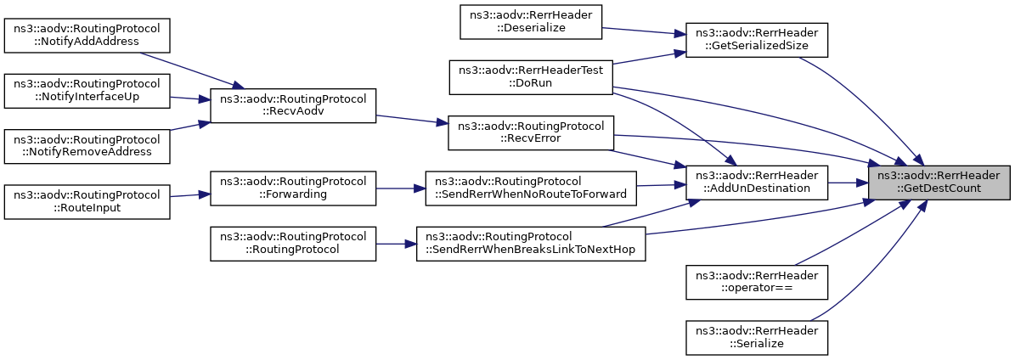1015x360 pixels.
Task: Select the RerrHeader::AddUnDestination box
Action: [x=757, y=183]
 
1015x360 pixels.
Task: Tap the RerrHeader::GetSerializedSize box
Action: [x=757, y=40]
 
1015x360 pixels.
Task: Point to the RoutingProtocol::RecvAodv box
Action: [x=293, y=105]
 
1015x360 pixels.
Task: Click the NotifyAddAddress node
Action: [x=87, y=36]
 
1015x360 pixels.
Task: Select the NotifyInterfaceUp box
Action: [x=87, y=92]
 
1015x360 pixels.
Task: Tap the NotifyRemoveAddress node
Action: [x=87, y=146]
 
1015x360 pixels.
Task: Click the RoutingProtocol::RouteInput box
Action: [x=87, y=202]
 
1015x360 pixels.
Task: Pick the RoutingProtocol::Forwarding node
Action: [x=293, y=188]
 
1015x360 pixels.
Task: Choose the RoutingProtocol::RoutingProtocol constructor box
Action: [x=293, y=244]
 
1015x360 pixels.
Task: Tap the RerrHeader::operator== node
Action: [x=757, y=282]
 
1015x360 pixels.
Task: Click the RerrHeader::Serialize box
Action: [x=757, y=337]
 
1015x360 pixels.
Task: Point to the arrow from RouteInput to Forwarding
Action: [x=190, y=195]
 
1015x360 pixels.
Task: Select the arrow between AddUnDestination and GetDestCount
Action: [x=848, y=183]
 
